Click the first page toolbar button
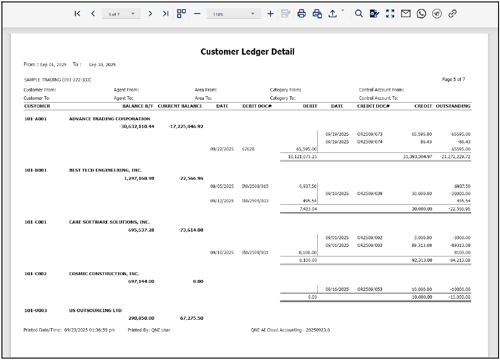(x=78, y=14)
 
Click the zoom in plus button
(x=270, y=14)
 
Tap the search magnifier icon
(x=359, y=14)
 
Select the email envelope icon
(x=406, y=14)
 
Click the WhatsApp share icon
(x=421, y=14)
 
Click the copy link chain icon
(x=452, y=14)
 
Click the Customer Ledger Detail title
(x=247, y=52)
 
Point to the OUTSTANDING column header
(x=453, y=106)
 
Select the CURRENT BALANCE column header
(x=180, y=106)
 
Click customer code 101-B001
(x=35, y=170)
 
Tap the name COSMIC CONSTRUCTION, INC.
(x=104, y=274)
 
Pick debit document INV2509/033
(x=255, y=201)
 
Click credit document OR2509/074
(x=370, y=142)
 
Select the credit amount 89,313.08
(x=422, y=245)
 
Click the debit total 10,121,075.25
(x=302, y=156)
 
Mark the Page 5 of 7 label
(x=453, y=80)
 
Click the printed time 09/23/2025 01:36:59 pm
(x=90, y=330)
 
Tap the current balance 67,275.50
(x=191, y=318)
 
